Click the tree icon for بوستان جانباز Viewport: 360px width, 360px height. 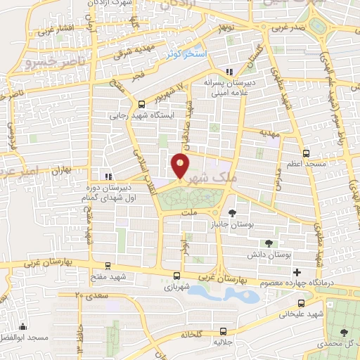pyautogui.click(x=233, y=212)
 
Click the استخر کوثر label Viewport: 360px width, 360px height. pyautogui.click(x=185, y=53)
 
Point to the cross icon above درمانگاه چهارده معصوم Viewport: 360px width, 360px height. pyautogui.click(x=297, y=272)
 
